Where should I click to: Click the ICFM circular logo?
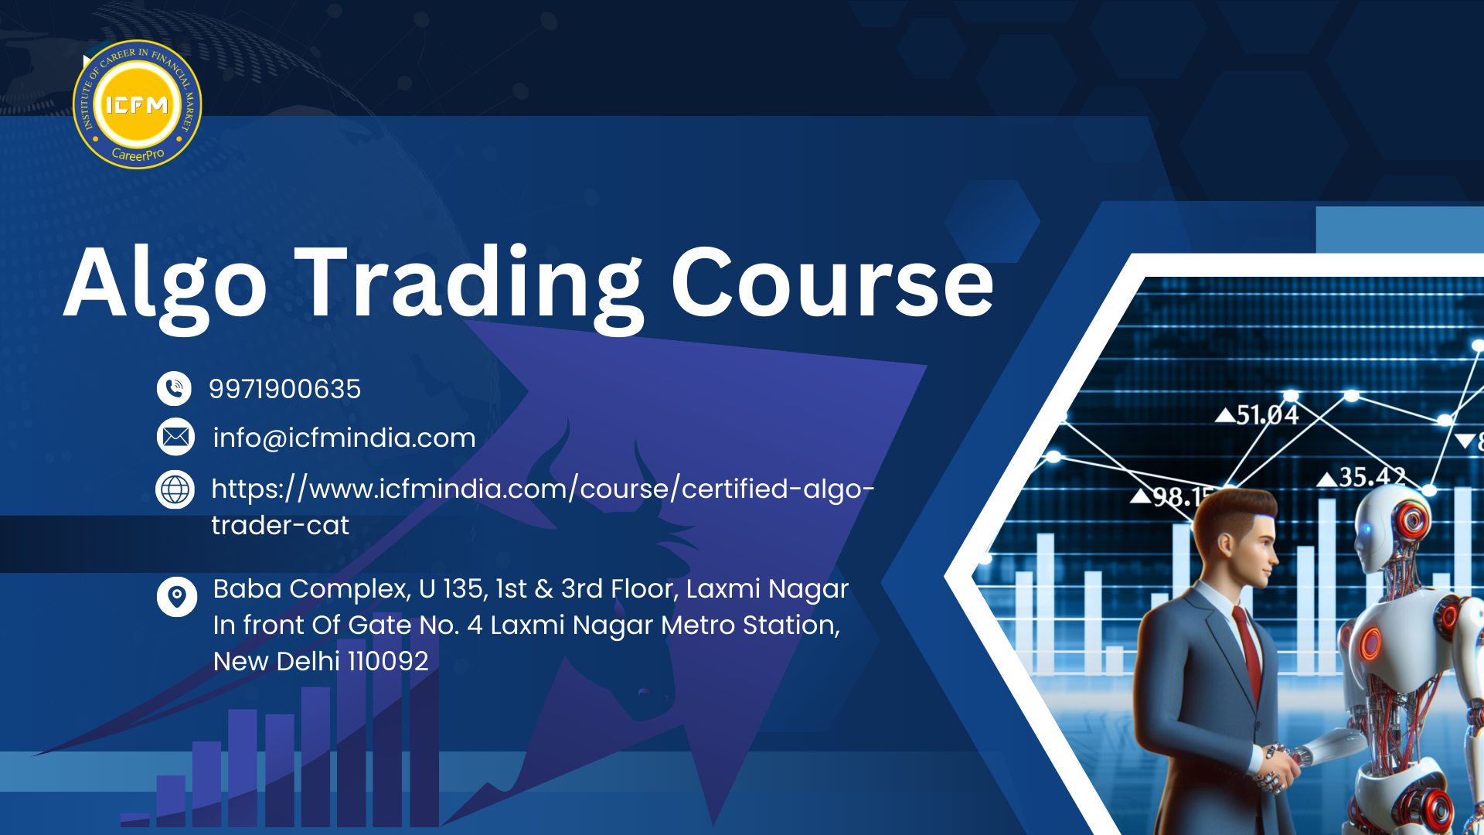tap(137, 104)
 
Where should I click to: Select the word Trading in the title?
tap(468, 286)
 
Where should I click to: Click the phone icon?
tap(174, 388)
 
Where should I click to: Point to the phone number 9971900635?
tap(284, 389)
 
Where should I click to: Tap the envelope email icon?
tap(175, 437)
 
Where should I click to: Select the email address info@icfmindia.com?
tap(344, 438)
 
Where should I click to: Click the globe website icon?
tap(175, 489)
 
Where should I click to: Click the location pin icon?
tap(176, 597)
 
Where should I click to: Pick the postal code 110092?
tap(387, 661)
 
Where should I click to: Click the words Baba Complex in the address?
tap(311, 590)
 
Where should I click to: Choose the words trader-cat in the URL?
tap(280, 526)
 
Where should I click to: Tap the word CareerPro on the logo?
tap(138, 154)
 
